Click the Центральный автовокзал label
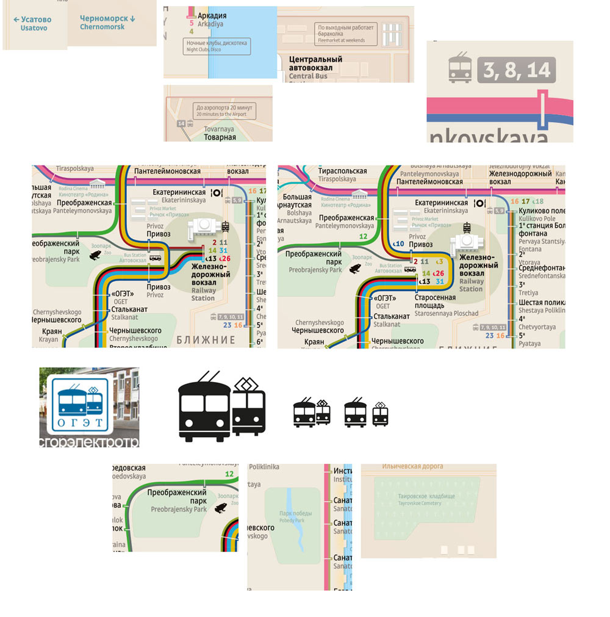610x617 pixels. tap(315, 63)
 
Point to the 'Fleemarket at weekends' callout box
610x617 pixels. tap(346, 34)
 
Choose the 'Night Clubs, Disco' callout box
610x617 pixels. tap(217, 46)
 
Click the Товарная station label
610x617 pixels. tap(220, 137)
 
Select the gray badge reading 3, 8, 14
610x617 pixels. tap(516, 70)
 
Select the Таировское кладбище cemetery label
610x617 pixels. tap(426, 499)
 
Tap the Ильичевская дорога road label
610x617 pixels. tap(412, 467)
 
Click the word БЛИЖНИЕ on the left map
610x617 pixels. tap(206, 340)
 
